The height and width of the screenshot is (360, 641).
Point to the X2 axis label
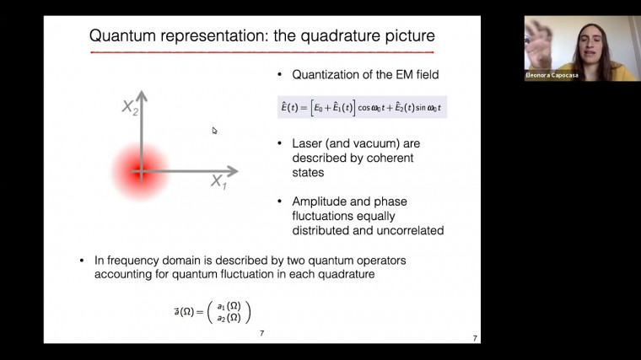(130, 106)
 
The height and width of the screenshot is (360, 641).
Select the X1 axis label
(218, 180)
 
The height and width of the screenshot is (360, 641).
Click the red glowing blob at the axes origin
(141, 172)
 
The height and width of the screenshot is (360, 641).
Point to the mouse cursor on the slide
(214, 131)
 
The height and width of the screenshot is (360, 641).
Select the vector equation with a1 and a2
(213, 311)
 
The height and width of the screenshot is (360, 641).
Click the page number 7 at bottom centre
(261, 333)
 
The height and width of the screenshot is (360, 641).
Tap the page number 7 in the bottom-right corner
(475, 338)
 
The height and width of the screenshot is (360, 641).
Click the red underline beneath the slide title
(261, 52)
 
